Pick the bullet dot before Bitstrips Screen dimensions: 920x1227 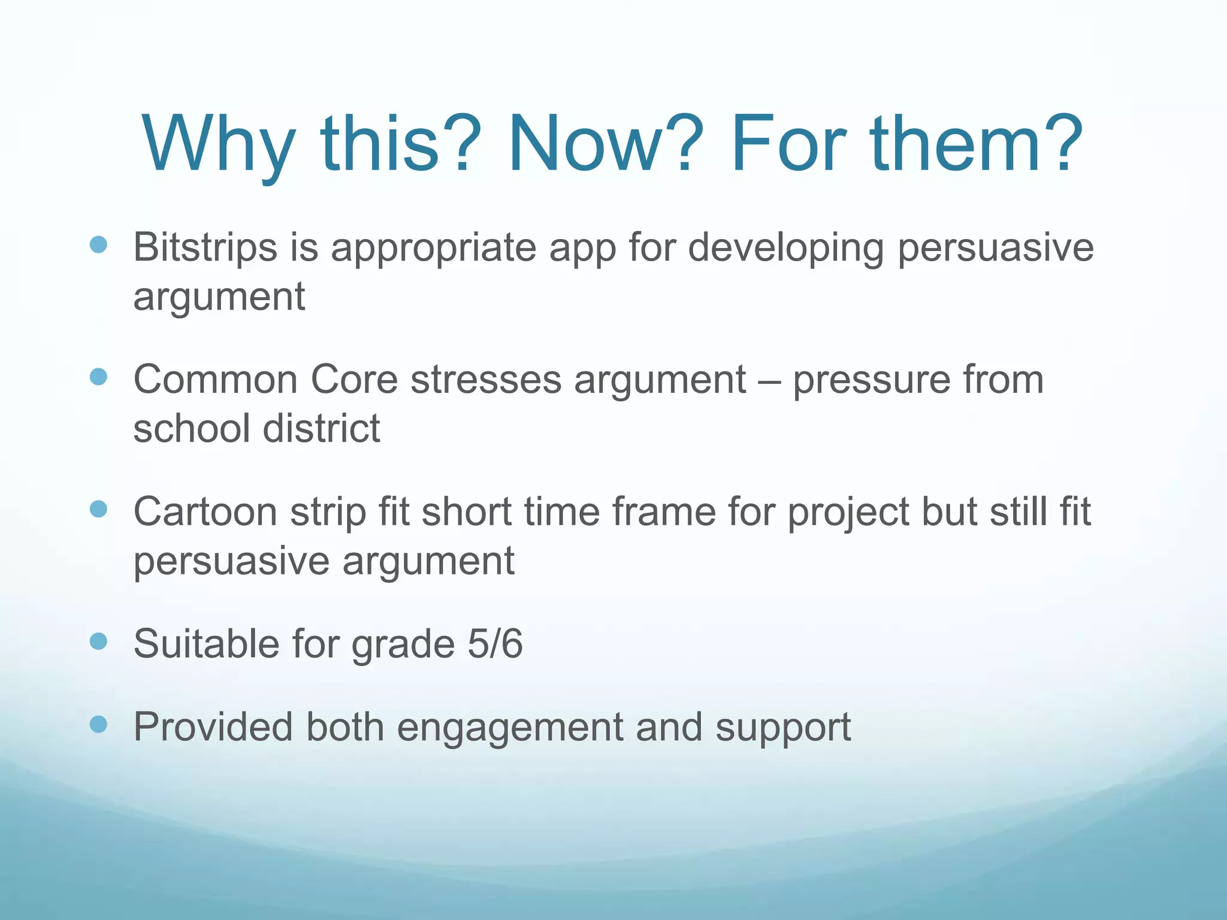click(98, 244)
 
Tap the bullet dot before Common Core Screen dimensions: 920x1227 click(98, 377)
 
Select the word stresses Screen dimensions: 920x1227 click(485, 380)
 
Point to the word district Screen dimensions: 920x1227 click(321, 429)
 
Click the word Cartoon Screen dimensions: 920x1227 click(205, 512)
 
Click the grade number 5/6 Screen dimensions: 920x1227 click(495, 644)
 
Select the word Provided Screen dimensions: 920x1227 click(213, 727)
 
